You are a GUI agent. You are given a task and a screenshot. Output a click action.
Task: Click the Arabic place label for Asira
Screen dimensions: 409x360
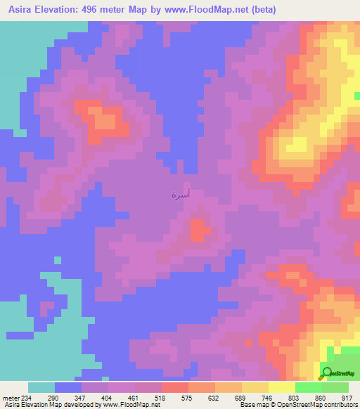click(x=180, y=194)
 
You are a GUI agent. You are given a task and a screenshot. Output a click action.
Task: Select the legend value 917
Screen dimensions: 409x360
click(x=347, y=398)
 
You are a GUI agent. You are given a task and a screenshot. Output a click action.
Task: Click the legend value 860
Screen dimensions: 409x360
click(x=321, y=398)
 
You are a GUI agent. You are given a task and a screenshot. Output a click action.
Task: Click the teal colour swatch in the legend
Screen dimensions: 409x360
click(x=41, y=387)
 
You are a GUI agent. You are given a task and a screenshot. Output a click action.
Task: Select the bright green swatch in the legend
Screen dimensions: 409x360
click(x=308, y=387)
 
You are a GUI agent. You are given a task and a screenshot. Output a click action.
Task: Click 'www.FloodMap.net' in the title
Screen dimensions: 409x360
click(x=202, y=10)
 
